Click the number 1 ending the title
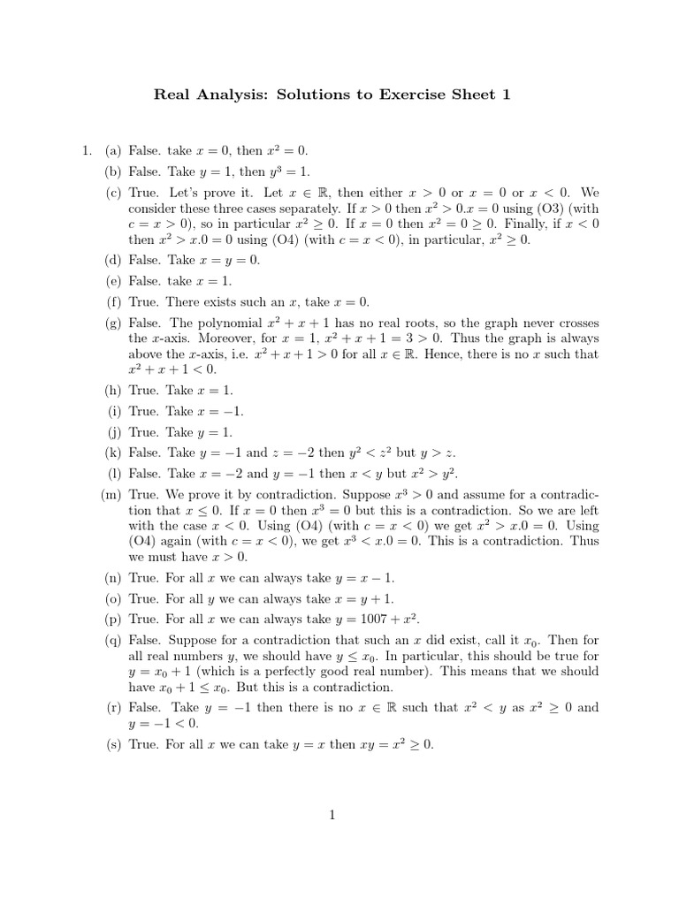(x=507, y=95)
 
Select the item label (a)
(x=111, y=151)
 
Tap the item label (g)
(x=111, y=323)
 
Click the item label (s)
(x=111, y=744)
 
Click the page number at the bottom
(x=332, y=815)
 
